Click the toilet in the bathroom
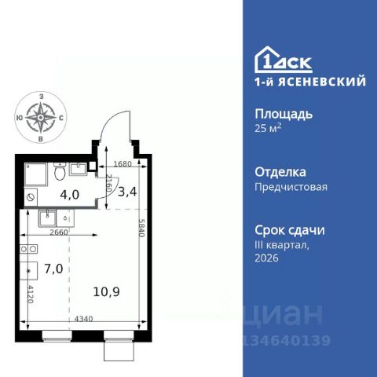point(60,171)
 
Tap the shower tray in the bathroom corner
point(36,174)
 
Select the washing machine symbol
point(31,197)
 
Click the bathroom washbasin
point(78,169)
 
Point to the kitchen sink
point(47,218)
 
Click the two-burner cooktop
point(28,249)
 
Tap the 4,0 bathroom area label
point(70,195)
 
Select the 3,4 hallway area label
point(127,192)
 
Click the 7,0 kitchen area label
point(53,269)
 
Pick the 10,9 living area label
point(107,291)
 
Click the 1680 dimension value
point(123,164)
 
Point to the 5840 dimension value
point(141,228)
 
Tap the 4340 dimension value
point(84,319)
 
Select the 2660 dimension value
point(59,232)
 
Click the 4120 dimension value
point(31,294)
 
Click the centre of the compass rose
point(41,118)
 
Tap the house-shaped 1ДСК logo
point(284,60)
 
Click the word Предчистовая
point(291,187)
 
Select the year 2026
point(266,258)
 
